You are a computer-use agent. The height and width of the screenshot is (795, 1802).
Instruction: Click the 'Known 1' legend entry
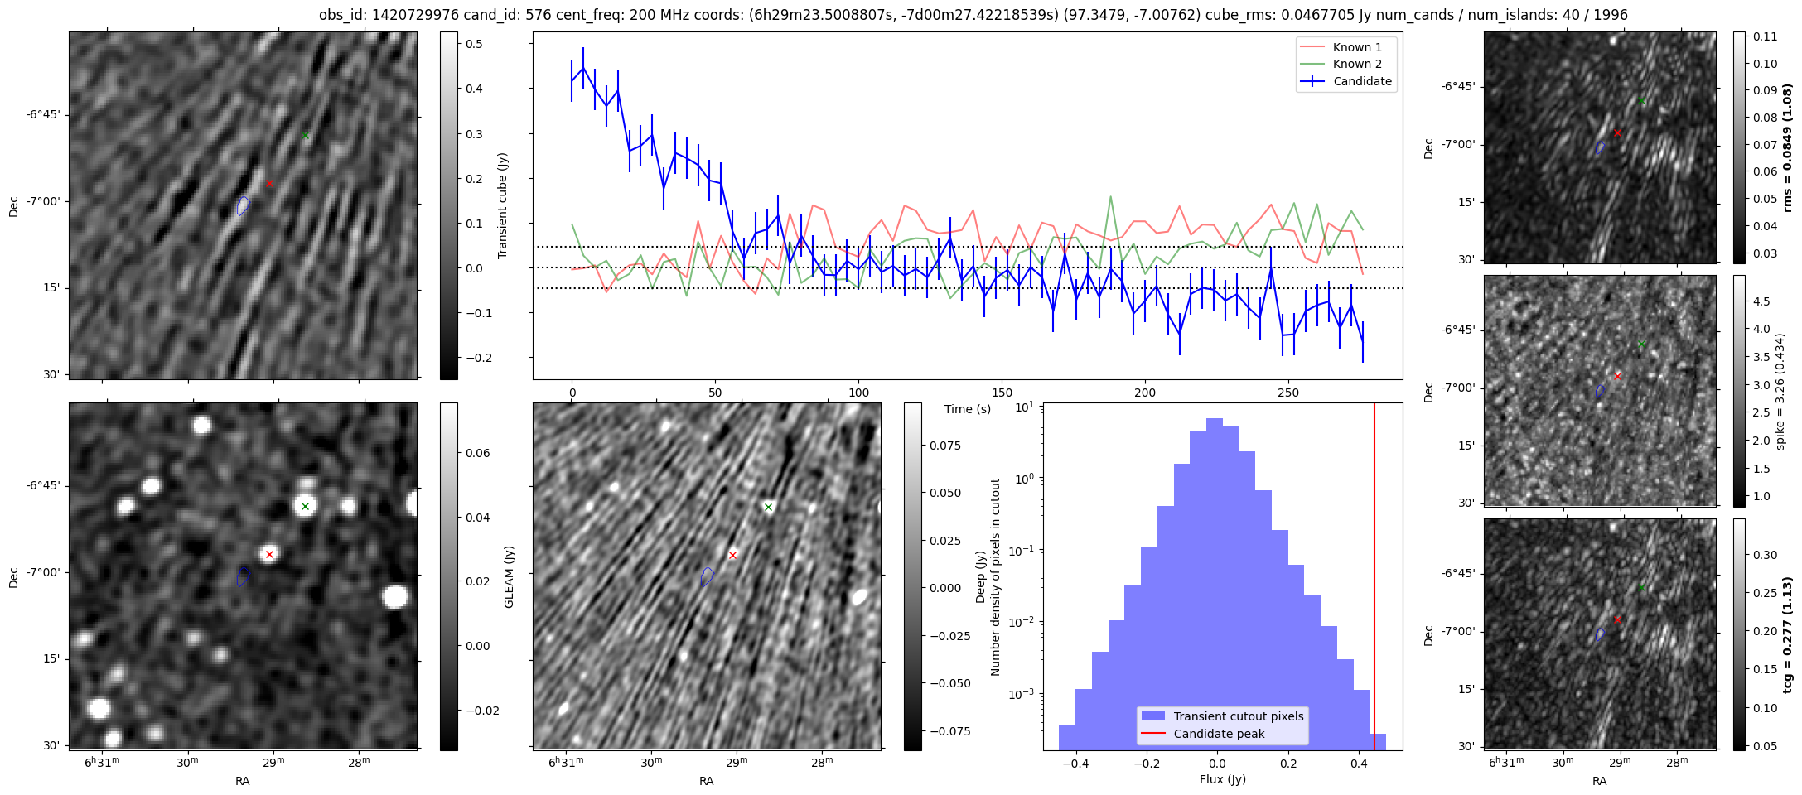click(1356, 47)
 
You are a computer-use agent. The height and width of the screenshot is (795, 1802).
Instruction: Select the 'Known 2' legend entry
click(1356, 64)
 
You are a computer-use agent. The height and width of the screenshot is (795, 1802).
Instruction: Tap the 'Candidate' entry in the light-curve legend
click(1362, 81)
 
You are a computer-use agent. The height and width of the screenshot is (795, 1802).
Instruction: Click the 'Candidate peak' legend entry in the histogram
click(1219, 734)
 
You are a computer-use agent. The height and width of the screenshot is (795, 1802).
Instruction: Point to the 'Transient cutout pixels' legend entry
click(1238, 716)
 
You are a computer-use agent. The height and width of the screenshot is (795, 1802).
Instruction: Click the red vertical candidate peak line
click(1374, 580)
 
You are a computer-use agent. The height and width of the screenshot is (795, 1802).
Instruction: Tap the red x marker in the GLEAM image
click(269, 554)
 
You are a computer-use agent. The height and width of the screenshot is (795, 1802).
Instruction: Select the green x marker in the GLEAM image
click(305, 506)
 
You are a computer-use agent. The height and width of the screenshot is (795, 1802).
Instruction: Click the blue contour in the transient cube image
click(243, 205)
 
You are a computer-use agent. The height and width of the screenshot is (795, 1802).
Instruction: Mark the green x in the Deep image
click(768, 507)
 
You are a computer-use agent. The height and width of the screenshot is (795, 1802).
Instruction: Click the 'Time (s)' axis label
click(968, 409)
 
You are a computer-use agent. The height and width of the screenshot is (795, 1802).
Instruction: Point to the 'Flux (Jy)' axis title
click(1222, 779)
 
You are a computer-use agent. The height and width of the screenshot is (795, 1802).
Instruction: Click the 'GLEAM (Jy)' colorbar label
click(509, 576)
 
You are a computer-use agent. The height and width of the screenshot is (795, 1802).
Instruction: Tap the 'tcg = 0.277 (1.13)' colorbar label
click(1787, 634)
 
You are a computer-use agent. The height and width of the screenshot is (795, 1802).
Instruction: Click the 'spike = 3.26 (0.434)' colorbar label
click(1780, 391)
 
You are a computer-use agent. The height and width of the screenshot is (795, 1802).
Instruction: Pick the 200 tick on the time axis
click(1144, 393)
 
